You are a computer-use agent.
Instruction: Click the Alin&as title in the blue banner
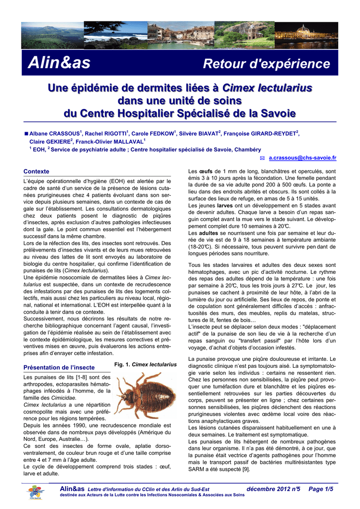pos(59,63)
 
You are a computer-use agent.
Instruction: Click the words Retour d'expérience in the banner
pos(267,64)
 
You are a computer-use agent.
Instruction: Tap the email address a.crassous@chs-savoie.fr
pos(302,158)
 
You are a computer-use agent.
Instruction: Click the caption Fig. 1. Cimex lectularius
pos(145,364)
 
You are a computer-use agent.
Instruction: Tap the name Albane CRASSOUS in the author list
pos(55,134)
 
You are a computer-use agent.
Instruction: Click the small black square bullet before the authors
pos(26,134)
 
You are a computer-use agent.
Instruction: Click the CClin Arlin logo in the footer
pos(36,494)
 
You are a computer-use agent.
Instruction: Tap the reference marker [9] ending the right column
pos(246,469)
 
